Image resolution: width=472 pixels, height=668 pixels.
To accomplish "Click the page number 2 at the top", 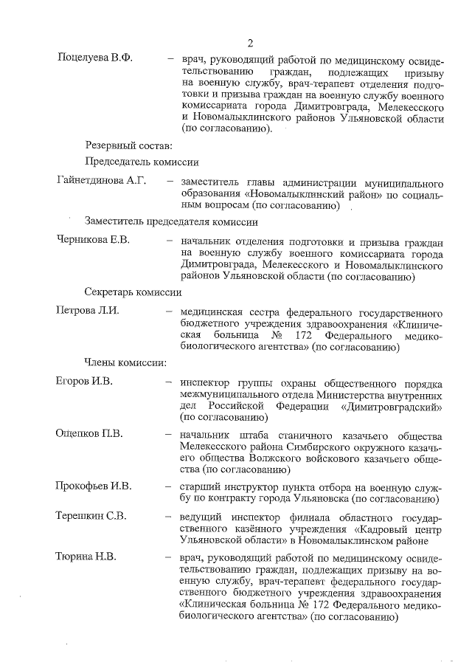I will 250,42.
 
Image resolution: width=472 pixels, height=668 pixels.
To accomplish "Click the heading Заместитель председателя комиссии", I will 171,221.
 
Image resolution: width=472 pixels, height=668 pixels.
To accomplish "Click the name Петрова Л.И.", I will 88,310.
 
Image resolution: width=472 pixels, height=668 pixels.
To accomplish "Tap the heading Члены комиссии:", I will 125,362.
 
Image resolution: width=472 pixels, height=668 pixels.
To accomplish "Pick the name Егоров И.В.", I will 85,382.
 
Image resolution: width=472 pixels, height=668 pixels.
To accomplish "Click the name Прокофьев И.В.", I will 93,486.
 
